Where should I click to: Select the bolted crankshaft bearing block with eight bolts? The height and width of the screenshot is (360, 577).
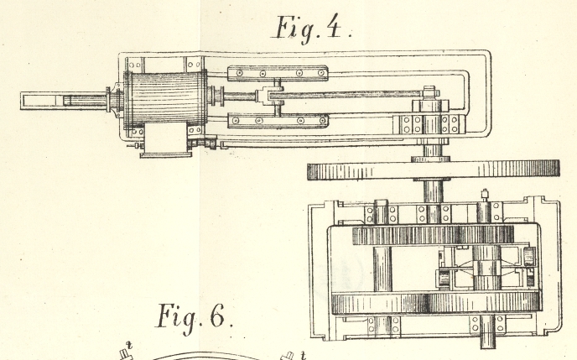431,124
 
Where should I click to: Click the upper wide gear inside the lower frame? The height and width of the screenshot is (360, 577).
432,234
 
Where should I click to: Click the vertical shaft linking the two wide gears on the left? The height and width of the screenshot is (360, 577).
382,268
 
